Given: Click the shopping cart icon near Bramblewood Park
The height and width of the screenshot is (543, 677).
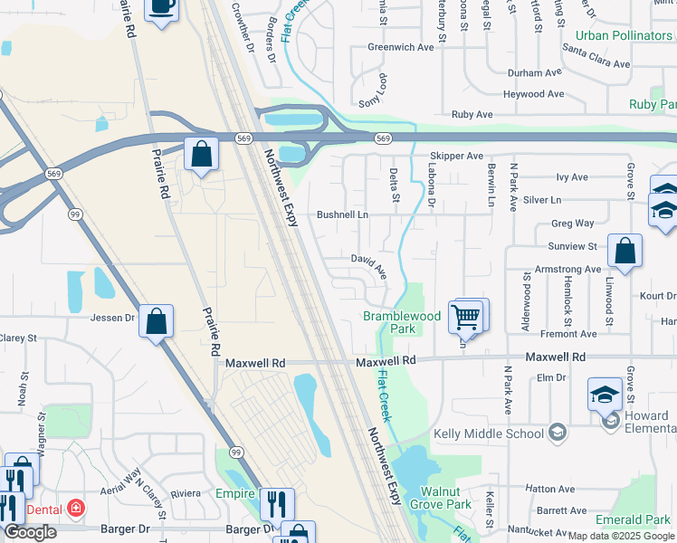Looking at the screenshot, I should pos(465,317).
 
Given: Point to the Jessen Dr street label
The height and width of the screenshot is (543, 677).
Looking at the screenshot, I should pos(112,318).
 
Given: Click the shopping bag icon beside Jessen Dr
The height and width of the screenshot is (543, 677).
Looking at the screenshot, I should pos(156,320).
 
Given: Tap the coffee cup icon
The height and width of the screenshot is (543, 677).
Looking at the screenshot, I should pos(161,7).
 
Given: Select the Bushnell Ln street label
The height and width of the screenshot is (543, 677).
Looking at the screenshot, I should pos(342,215).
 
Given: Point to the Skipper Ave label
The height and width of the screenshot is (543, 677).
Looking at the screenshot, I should pos(457,156).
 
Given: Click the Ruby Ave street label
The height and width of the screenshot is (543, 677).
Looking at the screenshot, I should pos(472,115).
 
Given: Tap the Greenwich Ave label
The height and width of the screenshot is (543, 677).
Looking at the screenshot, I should pos(401,47).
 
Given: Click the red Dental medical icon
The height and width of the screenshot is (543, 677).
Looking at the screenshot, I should pos(76,508).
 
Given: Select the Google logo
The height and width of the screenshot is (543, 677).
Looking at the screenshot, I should pos(30,532).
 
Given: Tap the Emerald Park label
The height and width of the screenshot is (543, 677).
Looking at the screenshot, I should pos(634,520).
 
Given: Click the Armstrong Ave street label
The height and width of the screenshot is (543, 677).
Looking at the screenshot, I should pos(567,269).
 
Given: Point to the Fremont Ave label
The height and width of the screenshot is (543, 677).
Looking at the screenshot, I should pos(568,334).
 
